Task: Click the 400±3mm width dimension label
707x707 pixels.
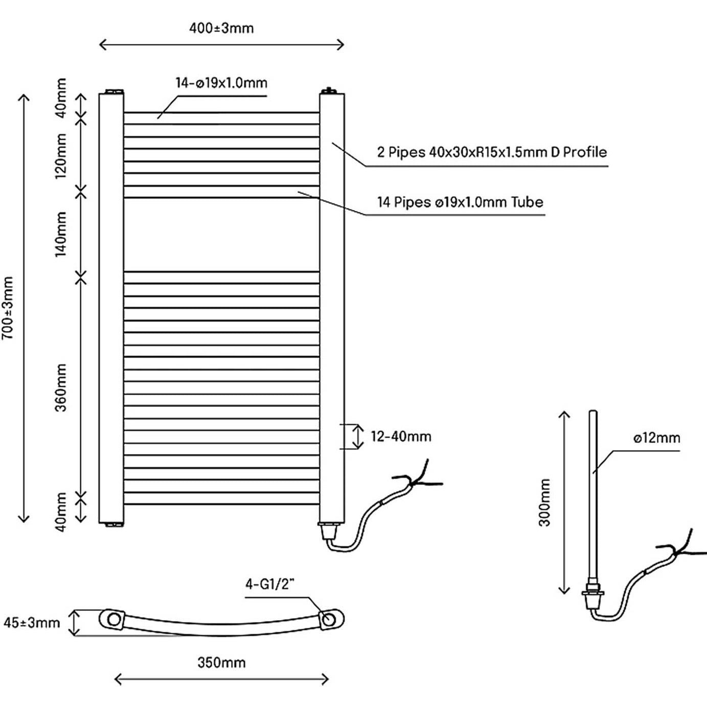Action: coord(221,28)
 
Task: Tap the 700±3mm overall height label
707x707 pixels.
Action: coord(8,308)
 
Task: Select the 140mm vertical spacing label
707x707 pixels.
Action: coord(61,234)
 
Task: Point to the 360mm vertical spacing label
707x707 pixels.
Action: coord(61,387)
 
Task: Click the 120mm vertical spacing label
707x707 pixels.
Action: coord(61,155)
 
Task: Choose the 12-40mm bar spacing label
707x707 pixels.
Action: coord(401,437)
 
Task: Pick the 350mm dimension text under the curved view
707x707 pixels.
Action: coord(221,663)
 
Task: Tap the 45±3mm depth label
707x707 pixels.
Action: coord(32,623)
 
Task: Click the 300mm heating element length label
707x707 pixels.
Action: coord(545,503)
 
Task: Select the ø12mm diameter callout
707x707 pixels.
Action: coord(656,438)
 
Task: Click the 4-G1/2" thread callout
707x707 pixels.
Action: coord(270,584)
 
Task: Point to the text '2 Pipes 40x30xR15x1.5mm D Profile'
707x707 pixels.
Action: coord(492,152)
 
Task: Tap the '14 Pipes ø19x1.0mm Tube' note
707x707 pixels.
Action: coord(460,202)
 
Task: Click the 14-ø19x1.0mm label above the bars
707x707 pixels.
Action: coord(221,83)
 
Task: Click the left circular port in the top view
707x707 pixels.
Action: coord(114,620)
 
